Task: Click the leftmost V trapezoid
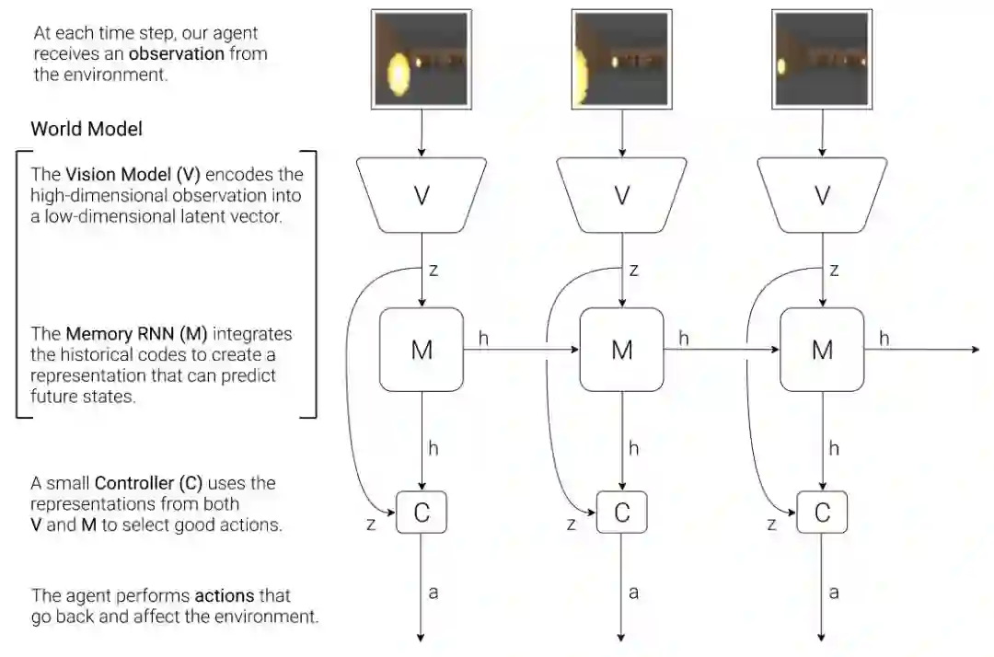coord(422,195)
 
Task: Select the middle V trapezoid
coord(622,195)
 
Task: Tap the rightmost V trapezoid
coord(822,195)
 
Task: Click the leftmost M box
coord(422,350)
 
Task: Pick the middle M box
coord(622,350)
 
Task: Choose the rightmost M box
coord(822,350)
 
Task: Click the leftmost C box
coord(422,513)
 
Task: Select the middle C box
coord(622,513)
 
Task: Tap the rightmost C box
coord(822,513)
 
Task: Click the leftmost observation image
coord(422,59)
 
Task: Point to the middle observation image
coord(622,59)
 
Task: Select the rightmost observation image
coord(822,59)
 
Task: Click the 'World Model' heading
coord(87,129)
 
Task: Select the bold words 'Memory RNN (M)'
coord(130,333)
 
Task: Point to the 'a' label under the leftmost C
coord(433,593)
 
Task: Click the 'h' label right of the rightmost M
coord(884,339)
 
